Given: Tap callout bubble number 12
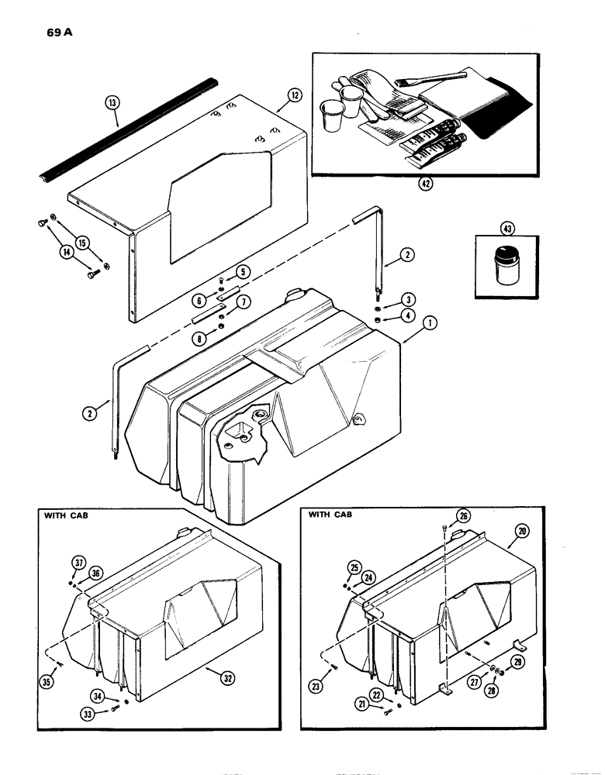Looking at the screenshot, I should click(293, 95).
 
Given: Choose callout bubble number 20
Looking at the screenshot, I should click(521, 531).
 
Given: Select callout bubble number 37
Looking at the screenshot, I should click(78, 562).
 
